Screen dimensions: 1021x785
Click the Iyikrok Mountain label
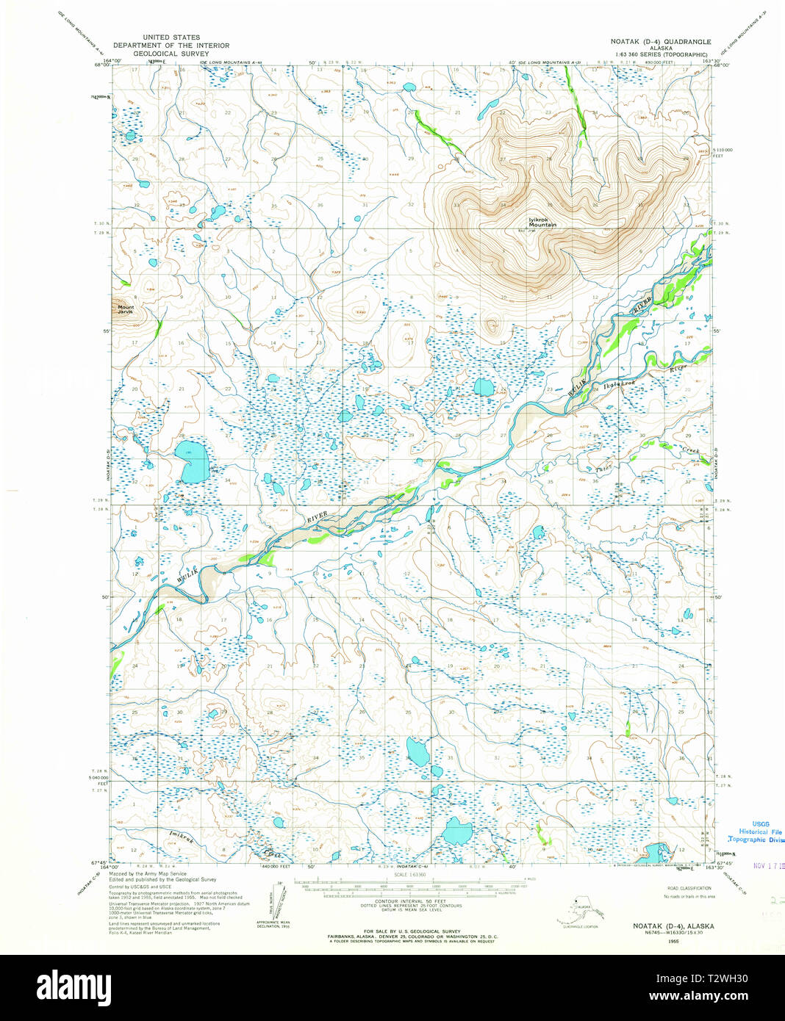pyautogui.click(x=542, y=222)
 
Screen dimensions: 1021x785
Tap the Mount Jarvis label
pyautogui.click(x=126, y=309)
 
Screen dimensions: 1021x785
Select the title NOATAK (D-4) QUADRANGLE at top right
pyautogui.click(x=661, y=43)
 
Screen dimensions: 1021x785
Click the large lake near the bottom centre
pyautogui.click(x=458, y=831)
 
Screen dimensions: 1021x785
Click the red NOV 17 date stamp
pyautogui.click(x=767, y=865)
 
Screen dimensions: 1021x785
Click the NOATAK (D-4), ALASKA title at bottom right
pyautogui.click(x=673, y=926)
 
